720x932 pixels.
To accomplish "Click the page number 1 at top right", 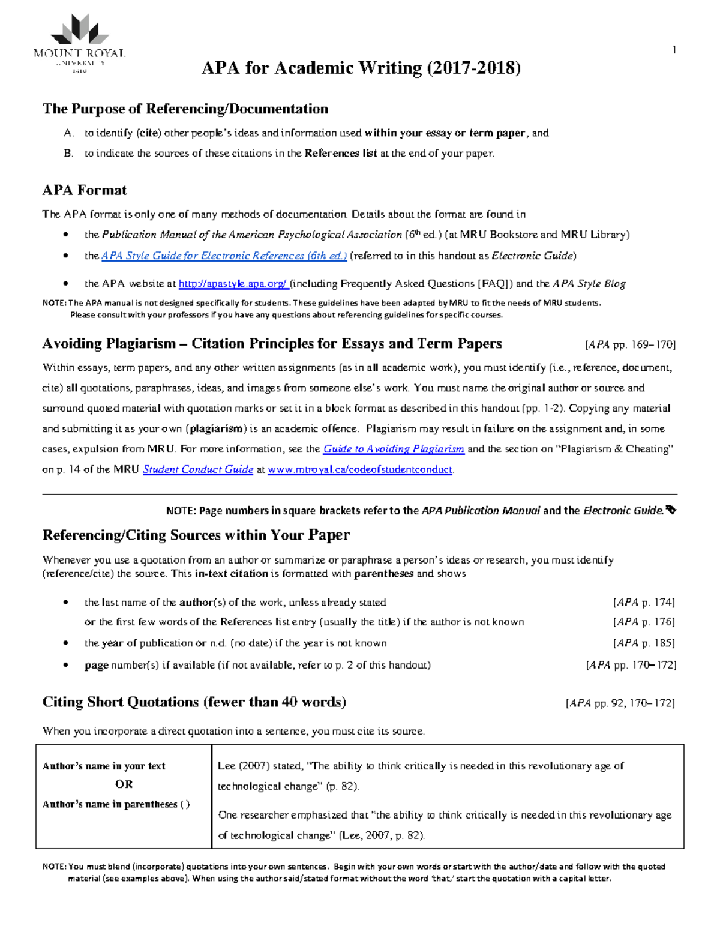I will [x=674, y=50].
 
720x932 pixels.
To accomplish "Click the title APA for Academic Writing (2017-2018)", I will [x=361, y=68].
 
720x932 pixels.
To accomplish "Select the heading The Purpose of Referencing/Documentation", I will [x=185, y=109].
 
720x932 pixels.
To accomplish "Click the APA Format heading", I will [x=85, y=190].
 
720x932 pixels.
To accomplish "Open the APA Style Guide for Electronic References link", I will [x=224, y=256].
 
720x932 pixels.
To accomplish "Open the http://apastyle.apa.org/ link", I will [x=233, y=284].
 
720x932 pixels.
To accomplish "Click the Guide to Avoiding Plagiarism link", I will [x=394, y=449].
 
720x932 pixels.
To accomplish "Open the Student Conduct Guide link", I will [x=198, y=469].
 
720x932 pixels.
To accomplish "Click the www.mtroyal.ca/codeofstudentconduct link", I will [x=360, y=469].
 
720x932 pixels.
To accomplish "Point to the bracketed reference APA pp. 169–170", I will [x=630, y=345].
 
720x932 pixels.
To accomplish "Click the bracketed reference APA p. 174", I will [x=644, y=602].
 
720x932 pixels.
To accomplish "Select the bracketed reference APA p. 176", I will [x=644, y=622].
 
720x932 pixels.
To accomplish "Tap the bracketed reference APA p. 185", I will [x=644, y=643].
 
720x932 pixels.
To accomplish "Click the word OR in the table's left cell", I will [x=124, y=784].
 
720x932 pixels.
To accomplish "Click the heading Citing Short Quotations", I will [x=194, y=702].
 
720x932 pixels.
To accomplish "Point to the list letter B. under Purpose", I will [x=68, y=153].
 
